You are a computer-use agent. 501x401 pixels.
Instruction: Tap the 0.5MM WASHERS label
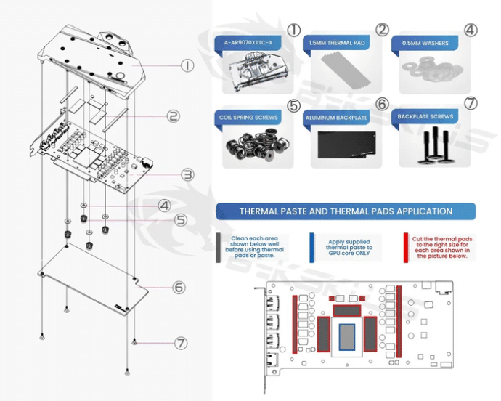click(x=425, y=43)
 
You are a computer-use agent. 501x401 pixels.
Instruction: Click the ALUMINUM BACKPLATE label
click(x=336, y=117)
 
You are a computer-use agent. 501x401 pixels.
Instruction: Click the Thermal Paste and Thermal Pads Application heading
click(x=346, y=211)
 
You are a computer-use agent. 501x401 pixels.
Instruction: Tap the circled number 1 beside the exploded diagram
click(x=188, y=65)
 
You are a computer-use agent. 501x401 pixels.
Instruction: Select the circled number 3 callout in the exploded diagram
click(x=187, y=174)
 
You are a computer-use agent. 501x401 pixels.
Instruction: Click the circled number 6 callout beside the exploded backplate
click(x=179, y=287)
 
